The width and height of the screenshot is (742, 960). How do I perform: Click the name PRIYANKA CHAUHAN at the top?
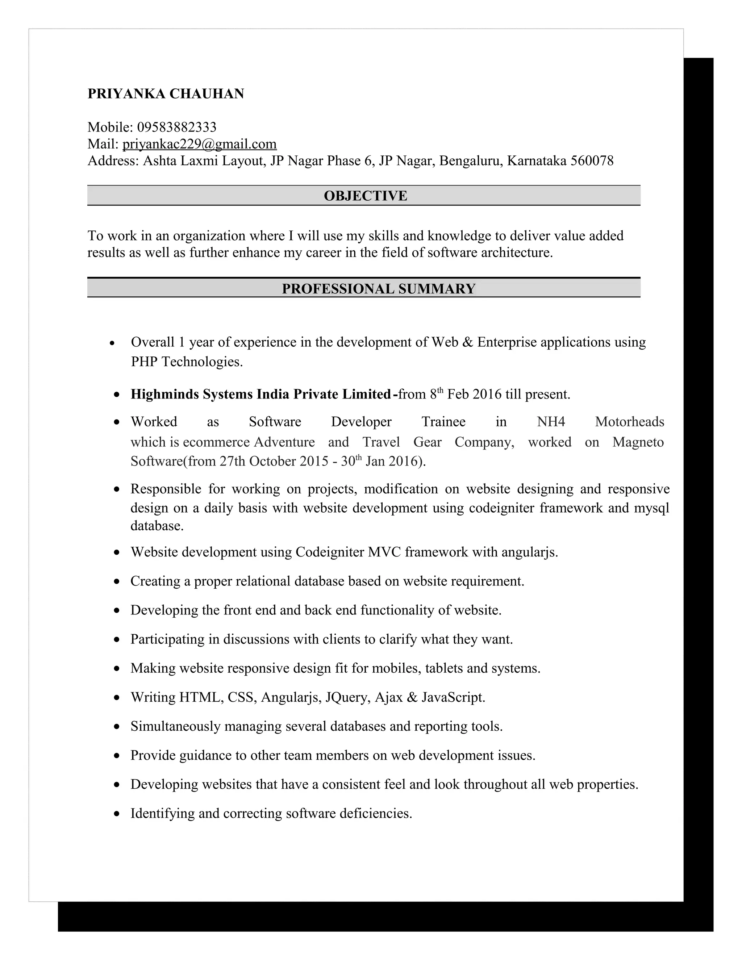coord(166,93)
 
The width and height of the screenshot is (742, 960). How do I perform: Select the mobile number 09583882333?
coord(177,127)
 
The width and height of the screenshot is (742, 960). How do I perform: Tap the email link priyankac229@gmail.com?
coord(200,144)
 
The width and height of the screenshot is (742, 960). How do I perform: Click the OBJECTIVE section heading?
coord(365,196)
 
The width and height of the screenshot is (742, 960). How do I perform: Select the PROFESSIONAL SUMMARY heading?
coord(379,289)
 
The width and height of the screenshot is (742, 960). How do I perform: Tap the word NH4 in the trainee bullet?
coord(551,422)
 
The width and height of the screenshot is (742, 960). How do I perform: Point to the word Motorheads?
coord(629,422)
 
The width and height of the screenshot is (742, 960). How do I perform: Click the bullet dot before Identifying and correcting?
coord(117,814)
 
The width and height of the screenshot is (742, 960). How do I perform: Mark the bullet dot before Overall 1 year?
coord(113,343)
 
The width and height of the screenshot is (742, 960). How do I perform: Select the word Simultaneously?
coord(175,727)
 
